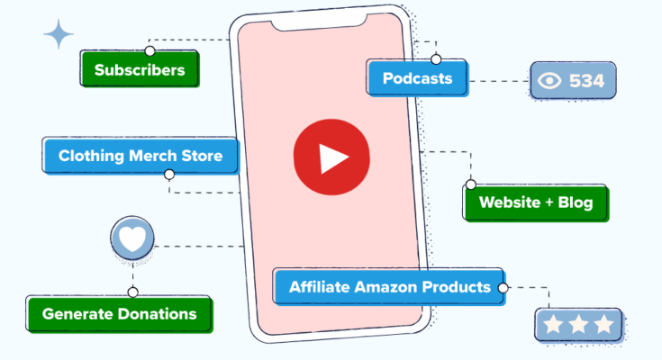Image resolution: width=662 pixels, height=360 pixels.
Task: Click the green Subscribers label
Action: tap(140, 68)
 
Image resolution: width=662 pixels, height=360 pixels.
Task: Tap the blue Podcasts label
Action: tap(417, 78)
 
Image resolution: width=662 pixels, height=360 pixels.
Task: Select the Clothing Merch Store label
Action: tap(141, 156)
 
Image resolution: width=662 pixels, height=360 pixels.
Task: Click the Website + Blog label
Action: tap(536, 202)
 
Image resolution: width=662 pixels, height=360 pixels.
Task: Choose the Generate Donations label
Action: tap(119, 314)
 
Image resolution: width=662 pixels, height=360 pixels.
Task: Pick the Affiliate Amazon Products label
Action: tap(389, 287)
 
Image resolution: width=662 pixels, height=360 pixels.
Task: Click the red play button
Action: tap(331, 157)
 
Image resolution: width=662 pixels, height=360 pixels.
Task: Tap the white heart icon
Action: tap(132, 238)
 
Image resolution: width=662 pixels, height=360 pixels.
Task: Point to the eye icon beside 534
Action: tap(549, 81)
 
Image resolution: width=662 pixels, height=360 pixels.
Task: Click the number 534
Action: tap(587, 81)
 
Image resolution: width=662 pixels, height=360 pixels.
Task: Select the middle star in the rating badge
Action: tap(578, 324)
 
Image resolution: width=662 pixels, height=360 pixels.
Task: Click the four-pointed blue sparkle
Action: tap(59, 34)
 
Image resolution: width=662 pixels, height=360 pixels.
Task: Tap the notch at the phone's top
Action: tap(319, 23)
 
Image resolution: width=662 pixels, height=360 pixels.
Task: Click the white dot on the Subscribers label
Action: tap(150, 51)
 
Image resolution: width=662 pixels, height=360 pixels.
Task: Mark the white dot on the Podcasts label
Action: tap(436, 59)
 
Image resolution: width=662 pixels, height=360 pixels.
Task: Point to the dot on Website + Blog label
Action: tap(471, 184)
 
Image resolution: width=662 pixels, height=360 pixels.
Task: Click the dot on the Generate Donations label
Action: tap(132, 292)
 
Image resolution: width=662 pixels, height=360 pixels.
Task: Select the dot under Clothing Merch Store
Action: tap(169, 175)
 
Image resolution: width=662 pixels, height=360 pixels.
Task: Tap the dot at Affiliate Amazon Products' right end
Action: tap(503, 288)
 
